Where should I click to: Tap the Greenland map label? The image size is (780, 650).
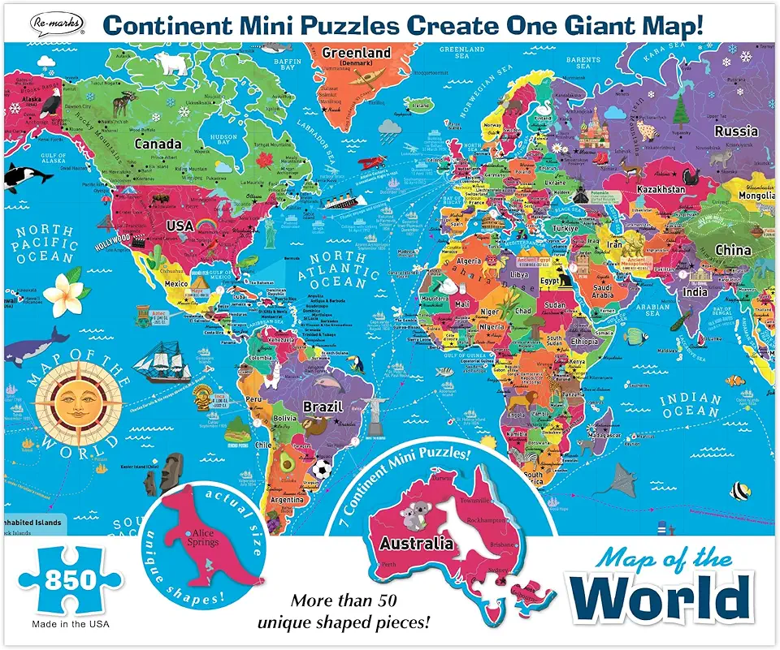point(357,54)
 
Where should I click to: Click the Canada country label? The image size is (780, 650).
point(157,144)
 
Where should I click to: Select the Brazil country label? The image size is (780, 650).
point(322,407)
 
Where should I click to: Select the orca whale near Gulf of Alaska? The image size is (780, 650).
point(17,174)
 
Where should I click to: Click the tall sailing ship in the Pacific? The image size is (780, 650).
point(171,358)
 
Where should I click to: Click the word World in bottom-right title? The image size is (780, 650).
point(665,598)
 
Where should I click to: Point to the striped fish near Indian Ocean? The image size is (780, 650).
point(739,490)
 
